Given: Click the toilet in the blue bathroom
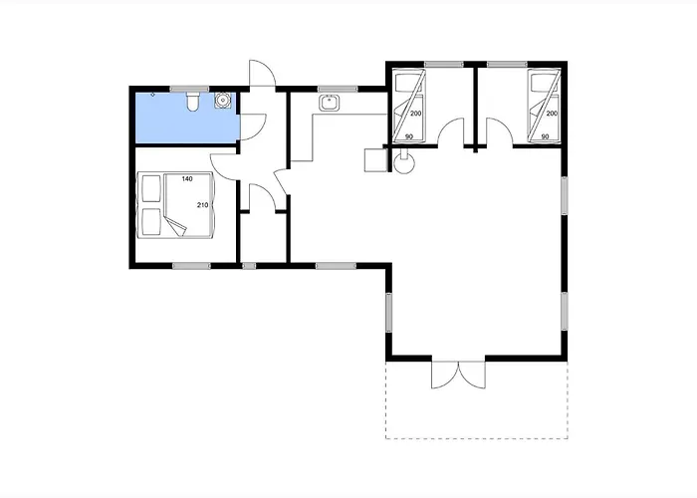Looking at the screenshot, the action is (x=192, y=102).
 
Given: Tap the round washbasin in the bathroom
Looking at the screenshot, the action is (x=222, y=101).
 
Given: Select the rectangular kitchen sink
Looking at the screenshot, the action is (x=329, y=103).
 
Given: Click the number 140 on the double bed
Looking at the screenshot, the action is (x=187, y=178).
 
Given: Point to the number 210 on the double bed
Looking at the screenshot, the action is (x=202, y=205).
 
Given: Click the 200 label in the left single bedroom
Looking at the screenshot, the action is (x=415, y=114).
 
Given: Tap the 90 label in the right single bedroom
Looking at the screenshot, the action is (x=545, y=136).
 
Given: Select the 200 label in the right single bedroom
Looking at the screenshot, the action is (x=552, y=114).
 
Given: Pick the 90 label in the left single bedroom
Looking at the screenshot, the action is (x=409, y=136).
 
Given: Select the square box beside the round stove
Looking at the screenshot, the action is (x=375, y=160).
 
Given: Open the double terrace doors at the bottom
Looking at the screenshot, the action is (x=458, y=374).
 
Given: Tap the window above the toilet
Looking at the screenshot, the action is (x=190, y=89).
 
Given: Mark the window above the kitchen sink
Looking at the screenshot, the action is (x=338, y=89).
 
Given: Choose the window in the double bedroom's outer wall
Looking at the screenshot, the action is (x=191, y=266).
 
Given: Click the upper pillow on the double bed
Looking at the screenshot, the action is (x=150, y=188).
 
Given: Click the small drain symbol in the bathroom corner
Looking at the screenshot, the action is (x=153, y=95).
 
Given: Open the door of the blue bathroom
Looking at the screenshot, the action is (x=253, y=127).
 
